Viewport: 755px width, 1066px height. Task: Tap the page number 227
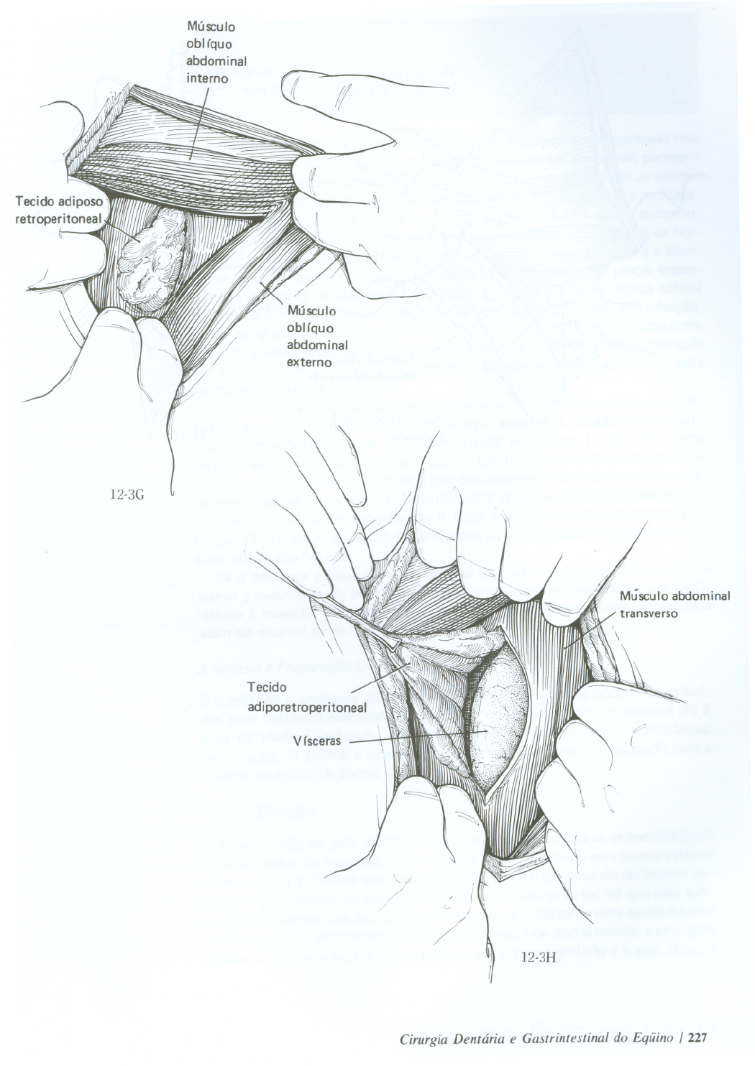click(699, 1037)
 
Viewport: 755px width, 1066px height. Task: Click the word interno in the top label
click(207, 78)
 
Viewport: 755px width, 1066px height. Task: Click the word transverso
click(649, 614)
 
